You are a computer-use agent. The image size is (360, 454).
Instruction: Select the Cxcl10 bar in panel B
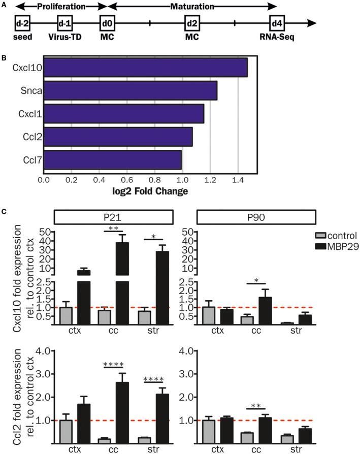[145, 68]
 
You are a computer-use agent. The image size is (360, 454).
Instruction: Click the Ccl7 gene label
[30, 159]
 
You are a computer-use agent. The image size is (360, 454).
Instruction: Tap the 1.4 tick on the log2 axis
[238, 180]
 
